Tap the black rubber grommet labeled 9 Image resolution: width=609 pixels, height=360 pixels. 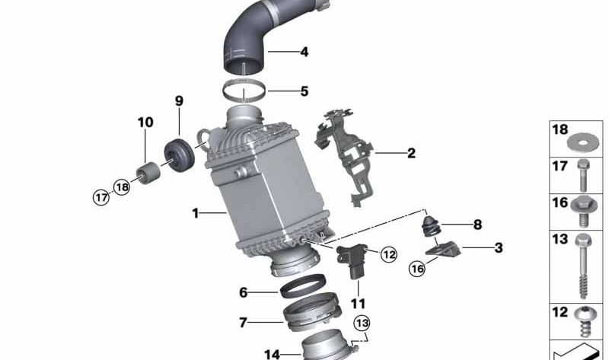point(181,154)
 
